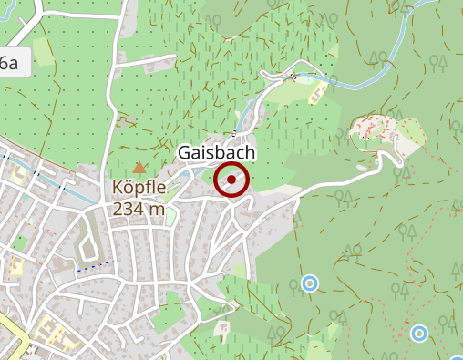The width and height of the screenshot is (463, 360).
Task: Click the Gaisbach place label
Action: pos(217,154)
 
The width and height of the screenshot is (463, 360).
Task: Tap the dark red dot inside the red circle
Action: pos(231,181)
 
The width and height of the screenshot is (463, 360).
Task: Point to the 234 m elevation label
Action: pos(139,209)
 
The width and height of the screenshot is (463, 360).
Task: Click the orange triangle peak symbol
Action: pos(139,168)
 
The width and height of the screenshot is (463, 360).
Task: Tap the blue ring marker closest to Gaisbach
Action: pos(309,284)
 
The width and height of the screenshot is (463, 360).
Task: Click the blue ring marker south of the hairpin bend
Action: pos(418,333)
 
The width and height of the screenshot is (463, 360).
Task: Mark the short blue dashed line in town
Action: pos(92,267)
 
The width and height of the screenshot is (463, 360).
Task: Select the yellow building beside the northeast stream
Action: pos(316,93)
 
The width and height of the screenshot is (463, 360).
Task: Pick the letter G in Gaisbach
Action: pos(186,154)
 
